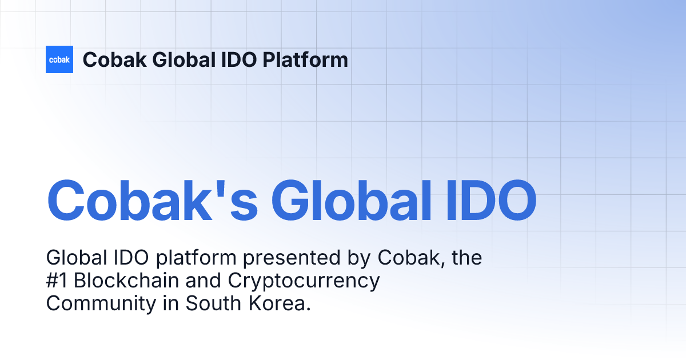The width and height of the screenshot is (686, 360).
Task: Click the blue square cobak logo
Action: [x=59, y=59]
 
